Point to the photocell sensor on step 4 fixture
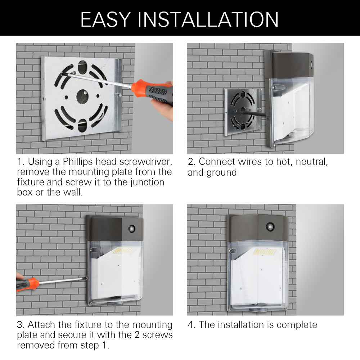(269, 226)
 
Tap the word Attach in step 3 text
(42, 325)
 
